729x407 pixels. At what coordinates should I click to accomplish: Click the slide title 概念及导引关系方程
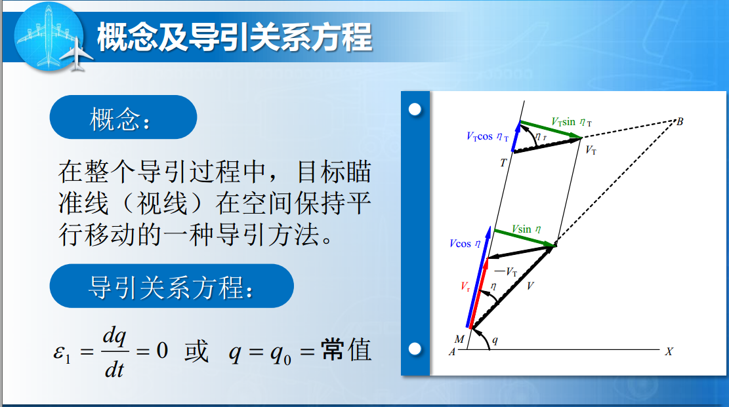pos(234,37)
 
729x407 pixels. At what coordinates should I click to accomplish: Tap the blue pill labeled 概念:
pos(123,117)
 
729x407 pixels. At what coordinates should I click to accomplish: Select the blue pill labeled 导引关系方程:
pos(171,286)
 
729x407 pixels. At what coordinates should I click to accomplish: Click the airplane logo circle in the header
pos(49,37)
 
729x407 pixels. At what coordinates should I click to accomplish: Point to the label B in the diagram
pos(680,122)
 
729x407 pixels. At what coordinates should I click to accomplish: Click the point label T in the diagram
pos(503,163)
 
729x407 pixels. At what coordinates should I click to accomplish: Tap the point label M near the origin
pos(459,339)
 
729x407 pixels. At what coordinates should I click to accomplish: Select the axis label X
pos(669,352)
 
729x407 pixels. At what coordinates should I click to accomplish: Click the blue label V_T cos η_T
pos(488,136)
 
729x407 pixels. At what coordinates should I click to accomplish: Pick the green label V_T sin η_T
pos(572,122)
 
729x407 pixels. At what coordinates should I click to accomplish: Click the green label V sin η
pos(526,229)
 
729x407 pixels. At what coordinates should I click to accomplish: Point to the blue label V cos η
pos(465,244)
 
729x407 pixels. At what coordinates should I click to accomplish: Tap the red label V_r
pos(465,286)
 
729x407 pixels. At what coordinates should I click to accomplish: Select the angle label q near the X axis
pos(495,341)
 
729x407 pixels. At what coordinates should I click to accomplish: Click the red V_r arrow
pos(478,293)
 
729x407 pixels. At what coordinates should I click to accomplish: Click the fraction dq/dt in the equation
pos(114,352)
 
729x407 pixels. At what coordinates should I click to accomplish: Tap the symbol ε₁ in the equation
pos(62,353)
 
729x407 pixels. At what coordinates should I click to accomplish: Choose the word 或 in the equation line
pos(196,351)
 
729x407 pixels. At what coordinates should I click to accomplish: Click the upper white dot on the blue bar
pos(415,109)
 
